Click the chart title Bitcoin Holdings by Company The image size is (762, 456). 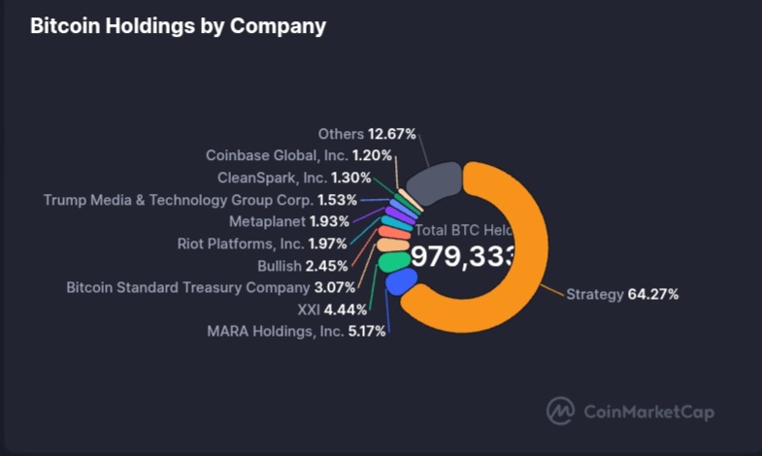178,26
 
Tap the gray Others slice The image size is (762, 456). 432,180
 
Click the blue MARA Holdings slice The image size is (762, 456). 400,282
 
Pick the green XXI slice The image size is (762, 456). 393,261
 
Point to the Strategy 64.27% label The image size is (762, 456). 622,294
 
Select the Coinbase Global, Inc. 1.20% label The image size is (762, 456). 299,155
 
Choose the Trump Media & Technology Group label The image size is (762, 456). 200,200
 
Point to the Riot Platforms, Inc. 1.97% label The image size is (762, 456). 262,244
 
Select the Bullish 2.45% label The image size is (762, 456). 302,266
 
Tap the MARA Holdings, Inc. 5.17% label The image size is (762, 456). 296,331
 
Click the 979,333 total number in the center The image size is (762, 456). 463,256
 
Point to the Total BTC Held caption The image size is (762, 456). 464,231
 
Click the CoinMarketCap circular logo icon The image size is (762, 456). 560,411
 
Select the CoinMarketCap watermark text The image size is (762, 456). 648,412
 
